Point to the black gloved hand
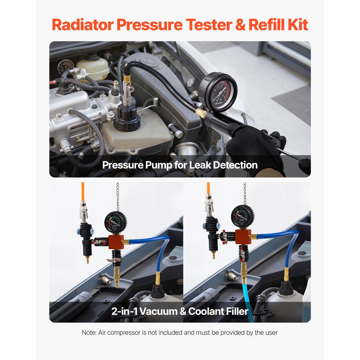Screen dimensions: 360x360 [x=252, y=144]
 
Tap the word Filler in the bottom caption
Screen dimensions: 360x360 [x=234, y=311]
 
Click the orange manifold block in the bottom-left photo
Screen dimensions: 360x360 [x=116, y=242]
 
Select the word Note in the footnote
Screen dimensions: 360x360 [x=89, y=333]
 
